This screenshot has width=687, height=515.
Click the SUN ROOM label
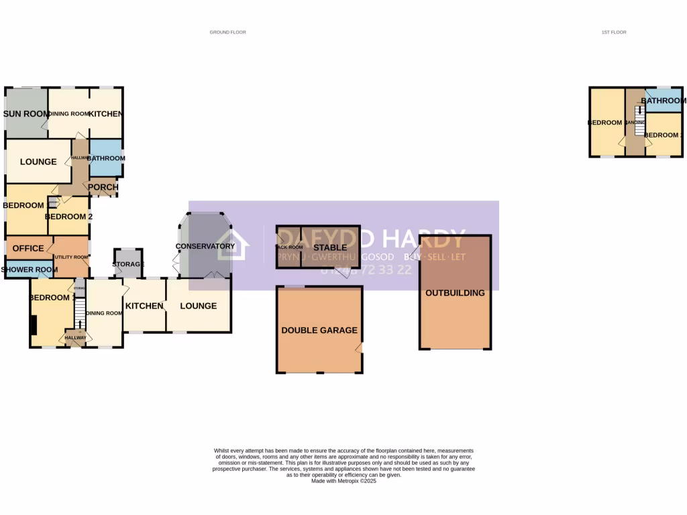point(25,114)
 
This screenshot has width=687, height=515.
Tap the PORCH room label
point(103,187)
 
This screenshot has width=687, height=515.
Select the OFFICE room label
point(28,248)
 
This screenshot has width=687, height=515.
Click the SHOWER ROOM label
point(28,270)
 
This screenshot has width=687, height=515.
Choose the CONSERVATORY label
point(205,246)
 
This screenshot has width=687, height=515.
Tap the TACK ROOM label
point(290,247)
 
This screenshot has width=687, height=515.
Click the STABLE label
point(330,247)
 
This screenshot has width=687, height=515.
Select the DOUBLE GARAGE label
point(319,330)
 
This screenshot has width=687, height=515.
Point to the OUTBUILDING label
point(455,293)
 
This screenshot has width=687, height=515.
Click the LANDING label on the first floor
point(635,123)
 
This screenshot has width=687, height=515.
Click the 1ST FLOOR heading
point(614,32)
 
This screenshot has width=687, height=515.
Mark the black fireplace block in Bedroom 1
point(33,325)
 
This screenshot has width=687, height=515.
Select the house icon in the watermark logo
point(232,245)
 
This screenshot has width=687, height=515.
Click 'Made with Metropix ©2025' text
point(343,481)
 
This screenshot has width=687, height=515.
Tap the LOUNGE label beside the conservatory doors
point(199,306)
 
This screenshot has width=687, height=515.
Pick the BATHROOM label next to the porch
point(106,158)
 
